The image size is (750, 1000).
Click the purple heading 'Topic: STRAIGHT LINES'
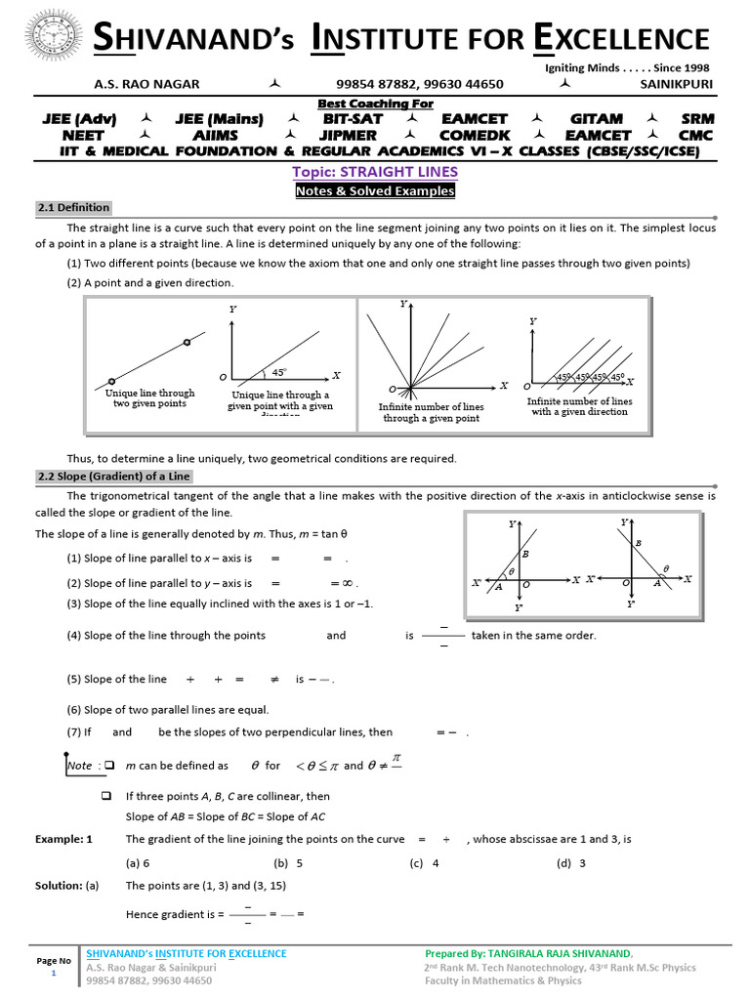(x=375, y=172)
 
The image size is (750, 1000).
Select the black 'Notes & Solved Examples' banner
(x=375, y=191)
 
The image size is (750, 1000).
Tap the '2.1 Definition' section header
(x=73, y=208)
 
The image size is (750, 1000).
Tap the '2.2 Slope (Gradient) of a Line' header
(x=114, y=477)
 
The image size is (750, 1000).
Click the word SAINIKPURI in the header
(x=676, y=85)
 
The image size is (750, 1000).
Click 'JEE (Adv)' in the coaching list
(x=79, y=119)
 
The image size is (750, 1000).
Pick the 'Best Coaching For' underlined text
(x=376, y=104)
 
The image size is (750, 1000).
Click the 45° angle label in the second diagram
(x=279, y=372)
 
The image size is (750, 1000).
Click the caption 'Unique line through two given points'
(x=149, y=398)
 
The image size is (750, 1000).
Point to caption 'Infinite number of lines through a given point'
(x=431, y=412)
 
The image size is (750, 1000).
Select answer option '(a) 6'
(x=138, y=863)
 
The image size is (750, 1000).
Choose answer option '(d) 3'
(x=571, y=863)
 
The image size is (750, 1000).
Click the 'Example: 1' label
(x=63, y=839)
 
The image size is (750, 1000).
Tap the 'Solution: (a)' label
(x=67, y=886)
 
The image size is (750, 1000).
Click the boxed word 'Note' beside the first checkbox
(x=80, y=766)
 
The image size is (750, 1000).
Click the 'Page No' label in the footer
(x=54, y=961)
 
